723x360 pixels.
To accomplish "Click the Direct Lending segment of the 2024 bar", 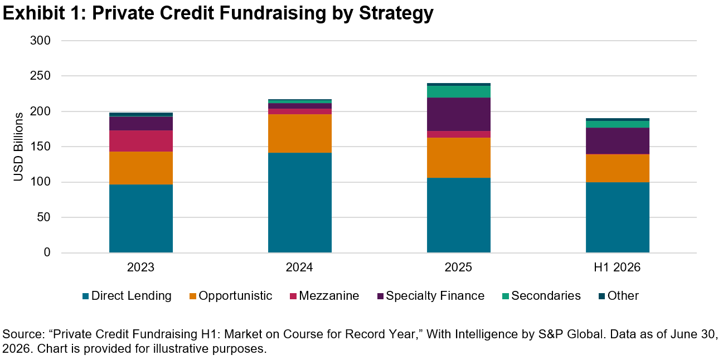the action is click(x=300, y=203).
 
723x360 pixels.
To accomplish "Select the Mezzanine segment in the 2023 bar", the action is click(x=141, y=141).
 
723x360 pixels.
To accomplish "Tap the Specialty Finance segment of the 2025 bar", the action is click(x=459, y=114).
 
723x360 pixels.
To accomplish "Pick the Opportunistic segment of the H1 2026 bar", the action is click(x=618, y=168).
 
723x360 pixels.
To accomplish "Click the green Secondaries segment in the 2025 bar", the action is click(x=459, y=91).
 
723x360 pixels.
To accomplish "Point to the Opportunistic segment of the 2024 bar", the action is click(x=300, y=134).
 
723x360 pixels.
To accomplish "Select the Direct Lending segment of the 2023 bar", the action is click(x=141, y=218).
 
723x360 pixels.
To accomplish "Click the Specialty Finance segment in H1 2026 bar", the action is click(x=618, y=141).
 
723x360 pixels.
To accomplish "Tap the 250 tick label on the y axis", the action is click(x=40, y=76).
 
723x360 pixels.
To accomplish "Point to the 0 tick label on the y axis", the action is click(x=47, y=252).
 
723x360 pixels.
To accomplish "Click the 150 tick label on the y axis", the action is click(x=40, y=147).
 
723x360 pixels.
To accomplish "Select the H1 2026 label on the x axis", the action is click(x=617, y=267).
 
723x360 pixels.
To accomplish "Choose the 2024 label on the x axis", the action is click(x=299, y=267).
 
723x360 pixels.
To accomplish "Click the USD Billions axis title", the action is click(x=18, y=147).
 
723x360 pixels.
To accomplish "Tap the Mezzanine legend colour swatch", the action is click(x=293, y=296).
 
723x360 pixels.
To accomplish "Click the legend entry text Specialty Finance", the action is click(x=435, y=296).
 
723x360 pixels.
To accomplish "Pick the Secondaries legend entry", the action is click(x=542, y=296).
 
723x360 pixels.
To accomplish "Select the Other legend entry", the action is click(x=618, y=296).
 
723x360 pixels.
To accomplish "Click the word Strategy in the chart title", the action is click(x=396, y=13).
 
